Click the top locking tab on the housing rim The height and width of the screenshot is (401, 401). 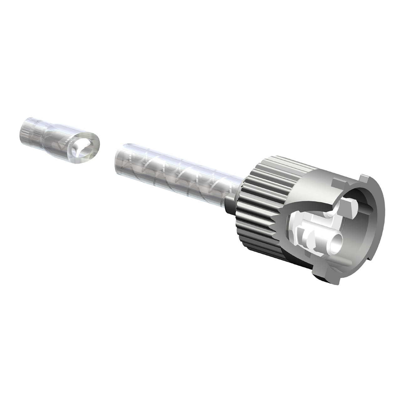click(365, 179)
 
